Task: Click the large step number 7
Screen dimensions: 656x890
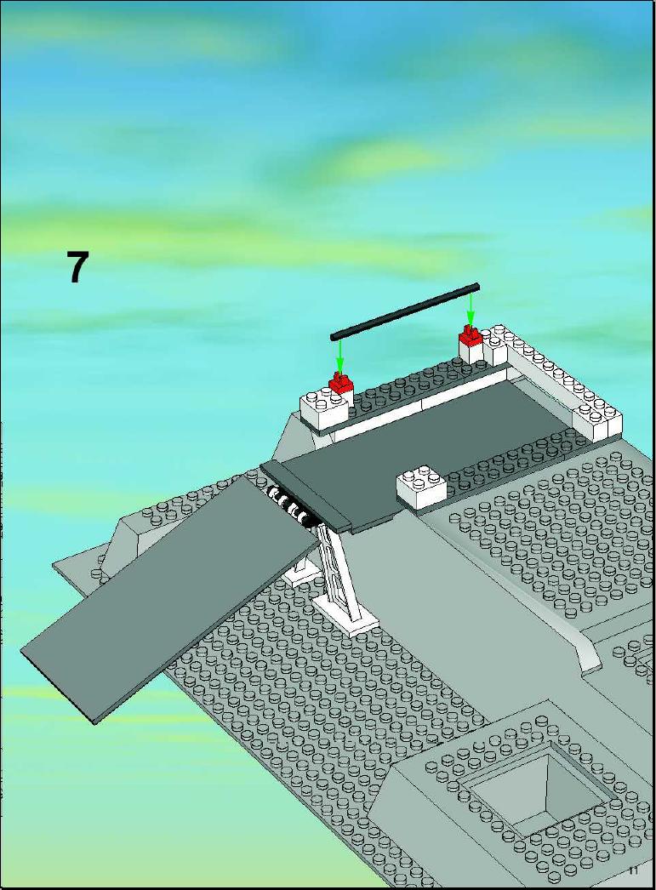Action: (x=78, y=267)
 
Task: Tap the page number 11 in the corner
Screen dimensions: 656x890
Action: (x=633, y=870)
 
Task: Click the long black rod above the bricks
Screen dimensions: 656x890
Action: (x=405, y=311)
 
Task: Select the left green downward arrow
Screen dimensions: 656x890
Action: (x=339, y=357)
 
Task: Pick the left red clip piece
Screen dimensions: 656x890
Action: (x=341, y=383)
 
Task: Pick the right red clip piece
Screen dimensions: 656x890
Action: (x=471, y=336)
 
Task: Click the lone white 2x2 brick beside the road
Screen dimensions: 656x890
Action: (x=422, y=486)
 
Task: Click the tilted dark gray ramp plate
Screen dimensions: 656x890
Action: (x=170, y=599)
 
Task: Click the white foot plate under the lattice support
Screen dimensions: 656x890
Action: (x=346, y=617)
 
